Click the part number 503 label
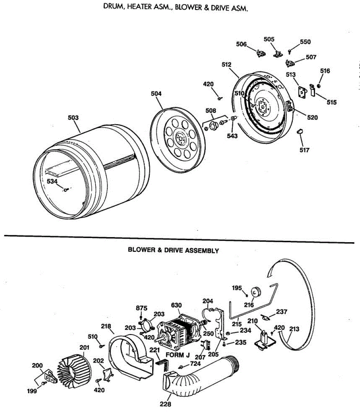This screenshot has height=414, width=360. click(x=73, y=118)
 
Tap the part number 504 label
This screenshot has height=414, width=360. click(x=156, y=93)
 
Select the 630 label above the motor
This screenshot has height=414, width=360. click(x=176, y=305)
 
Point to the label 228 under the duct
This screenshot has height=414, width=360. click(x=166, y=404)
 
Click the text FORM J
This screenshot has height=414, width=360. click(x=178, y=355)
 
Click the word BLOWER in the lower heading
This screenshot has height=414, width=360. click(x=142, y=250)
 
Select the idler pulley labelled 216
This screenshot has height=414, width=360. click(x=256, y=292)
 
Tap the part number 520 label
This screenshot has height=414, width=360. click(x=312, y=117)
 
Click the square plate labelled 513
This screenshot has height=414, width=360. click(x=302, y=92)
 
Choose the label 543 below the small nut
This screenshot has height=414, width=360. click(x=232, y=136)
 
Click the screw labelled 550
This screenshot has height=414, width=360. click(x=289, y=52)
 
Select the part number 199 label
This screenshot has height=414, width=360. click(x=32, y=391)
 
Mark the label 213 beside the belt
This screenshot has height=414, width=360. click(x=294, y=329)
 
